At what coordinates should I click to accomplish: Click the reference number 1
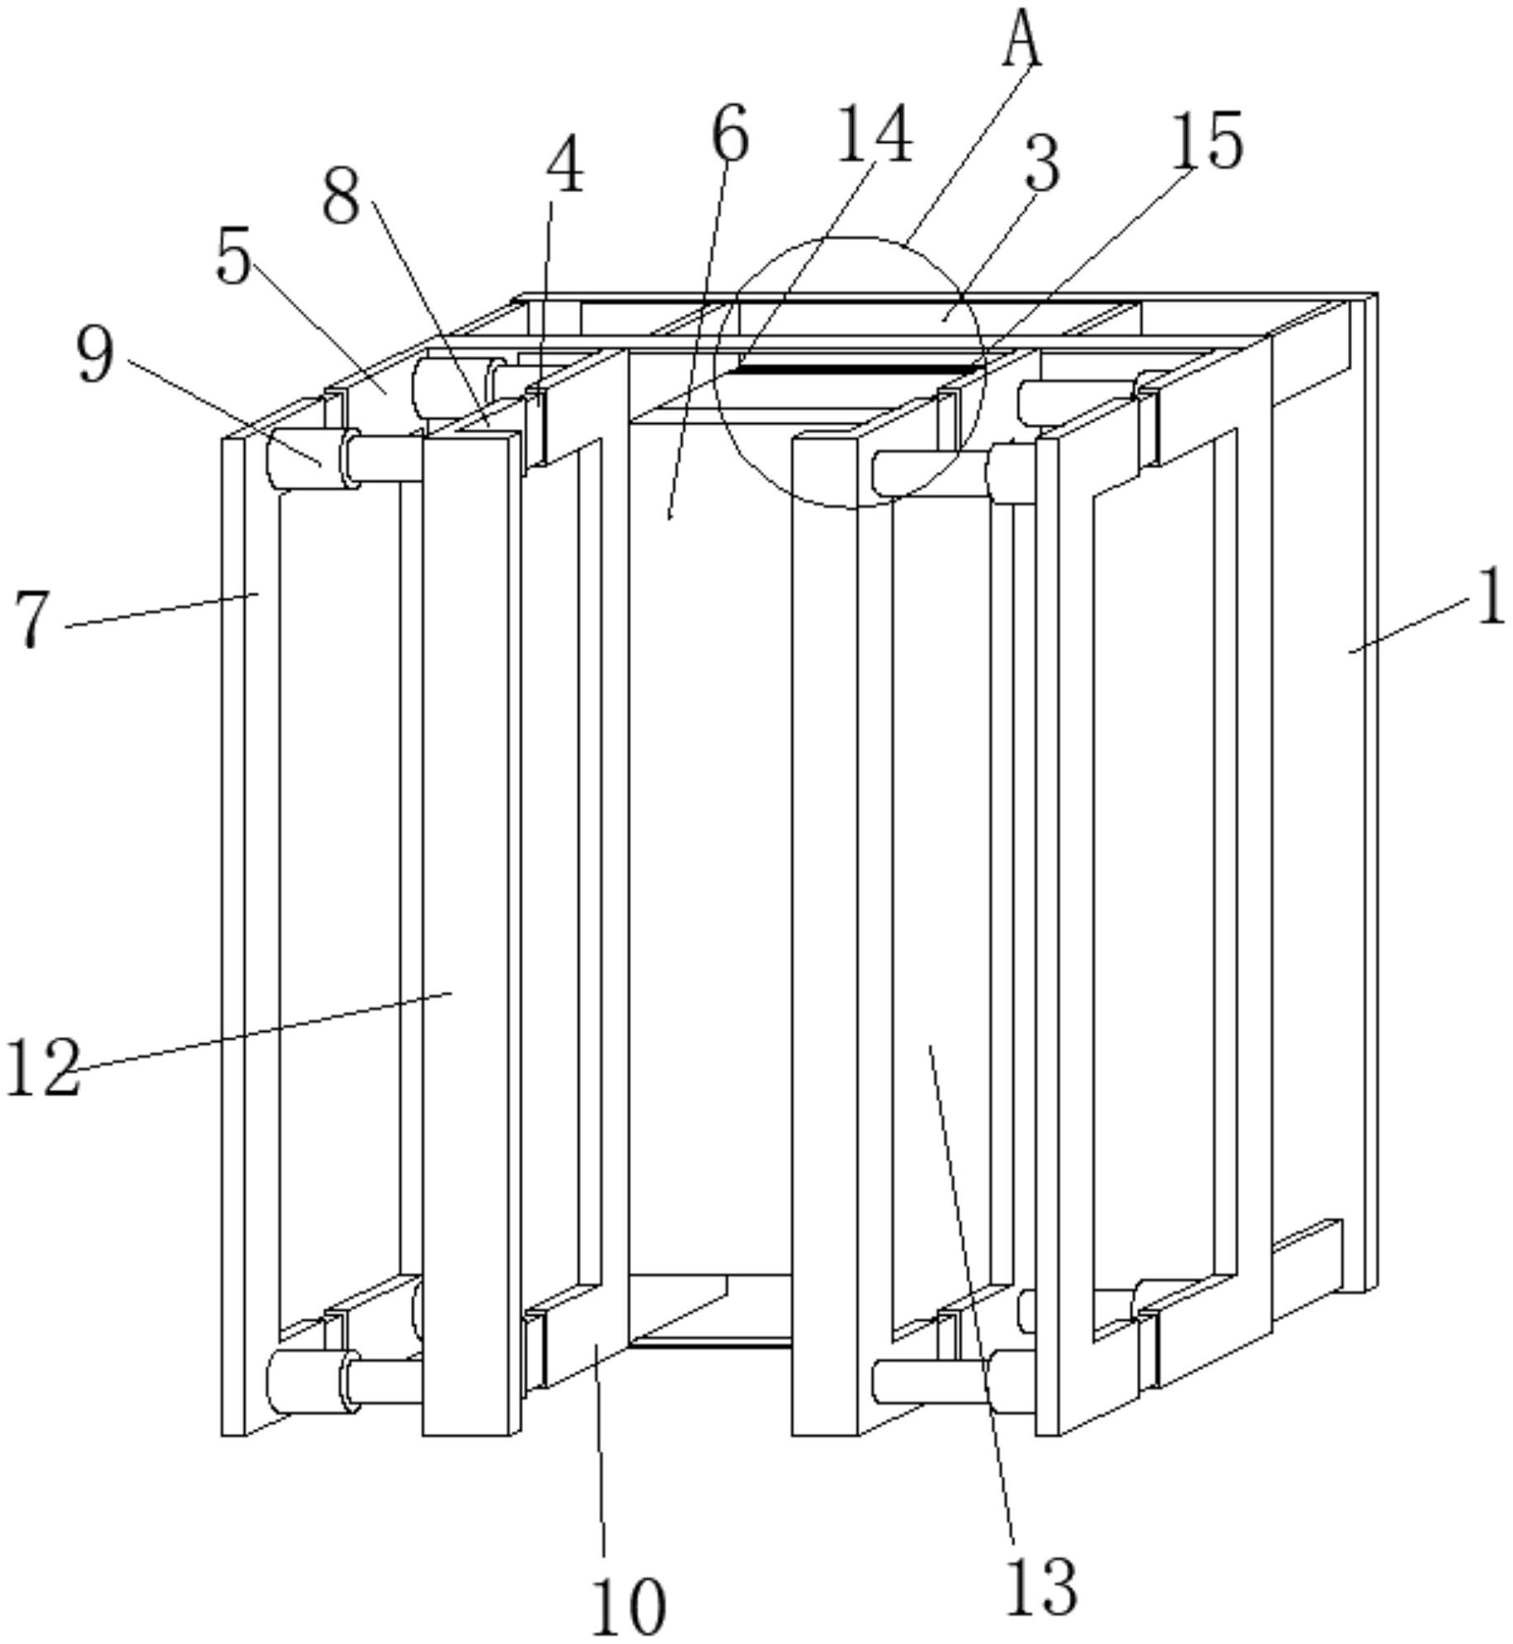tap(1490, 597)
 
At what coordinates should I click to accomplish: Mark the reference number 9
tap(95, 355)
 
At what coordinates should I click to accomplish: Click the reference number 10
tap(629, 1604)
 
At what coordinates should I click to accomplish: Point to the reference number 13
tap(1041, 1585)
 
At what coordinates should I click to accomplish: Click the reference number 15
tap(1207, 142)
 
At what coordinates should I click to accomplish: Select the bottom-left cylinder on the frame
tap(303, 1383)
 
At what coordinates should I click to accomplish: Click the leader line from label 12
tap(264, 1031)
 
